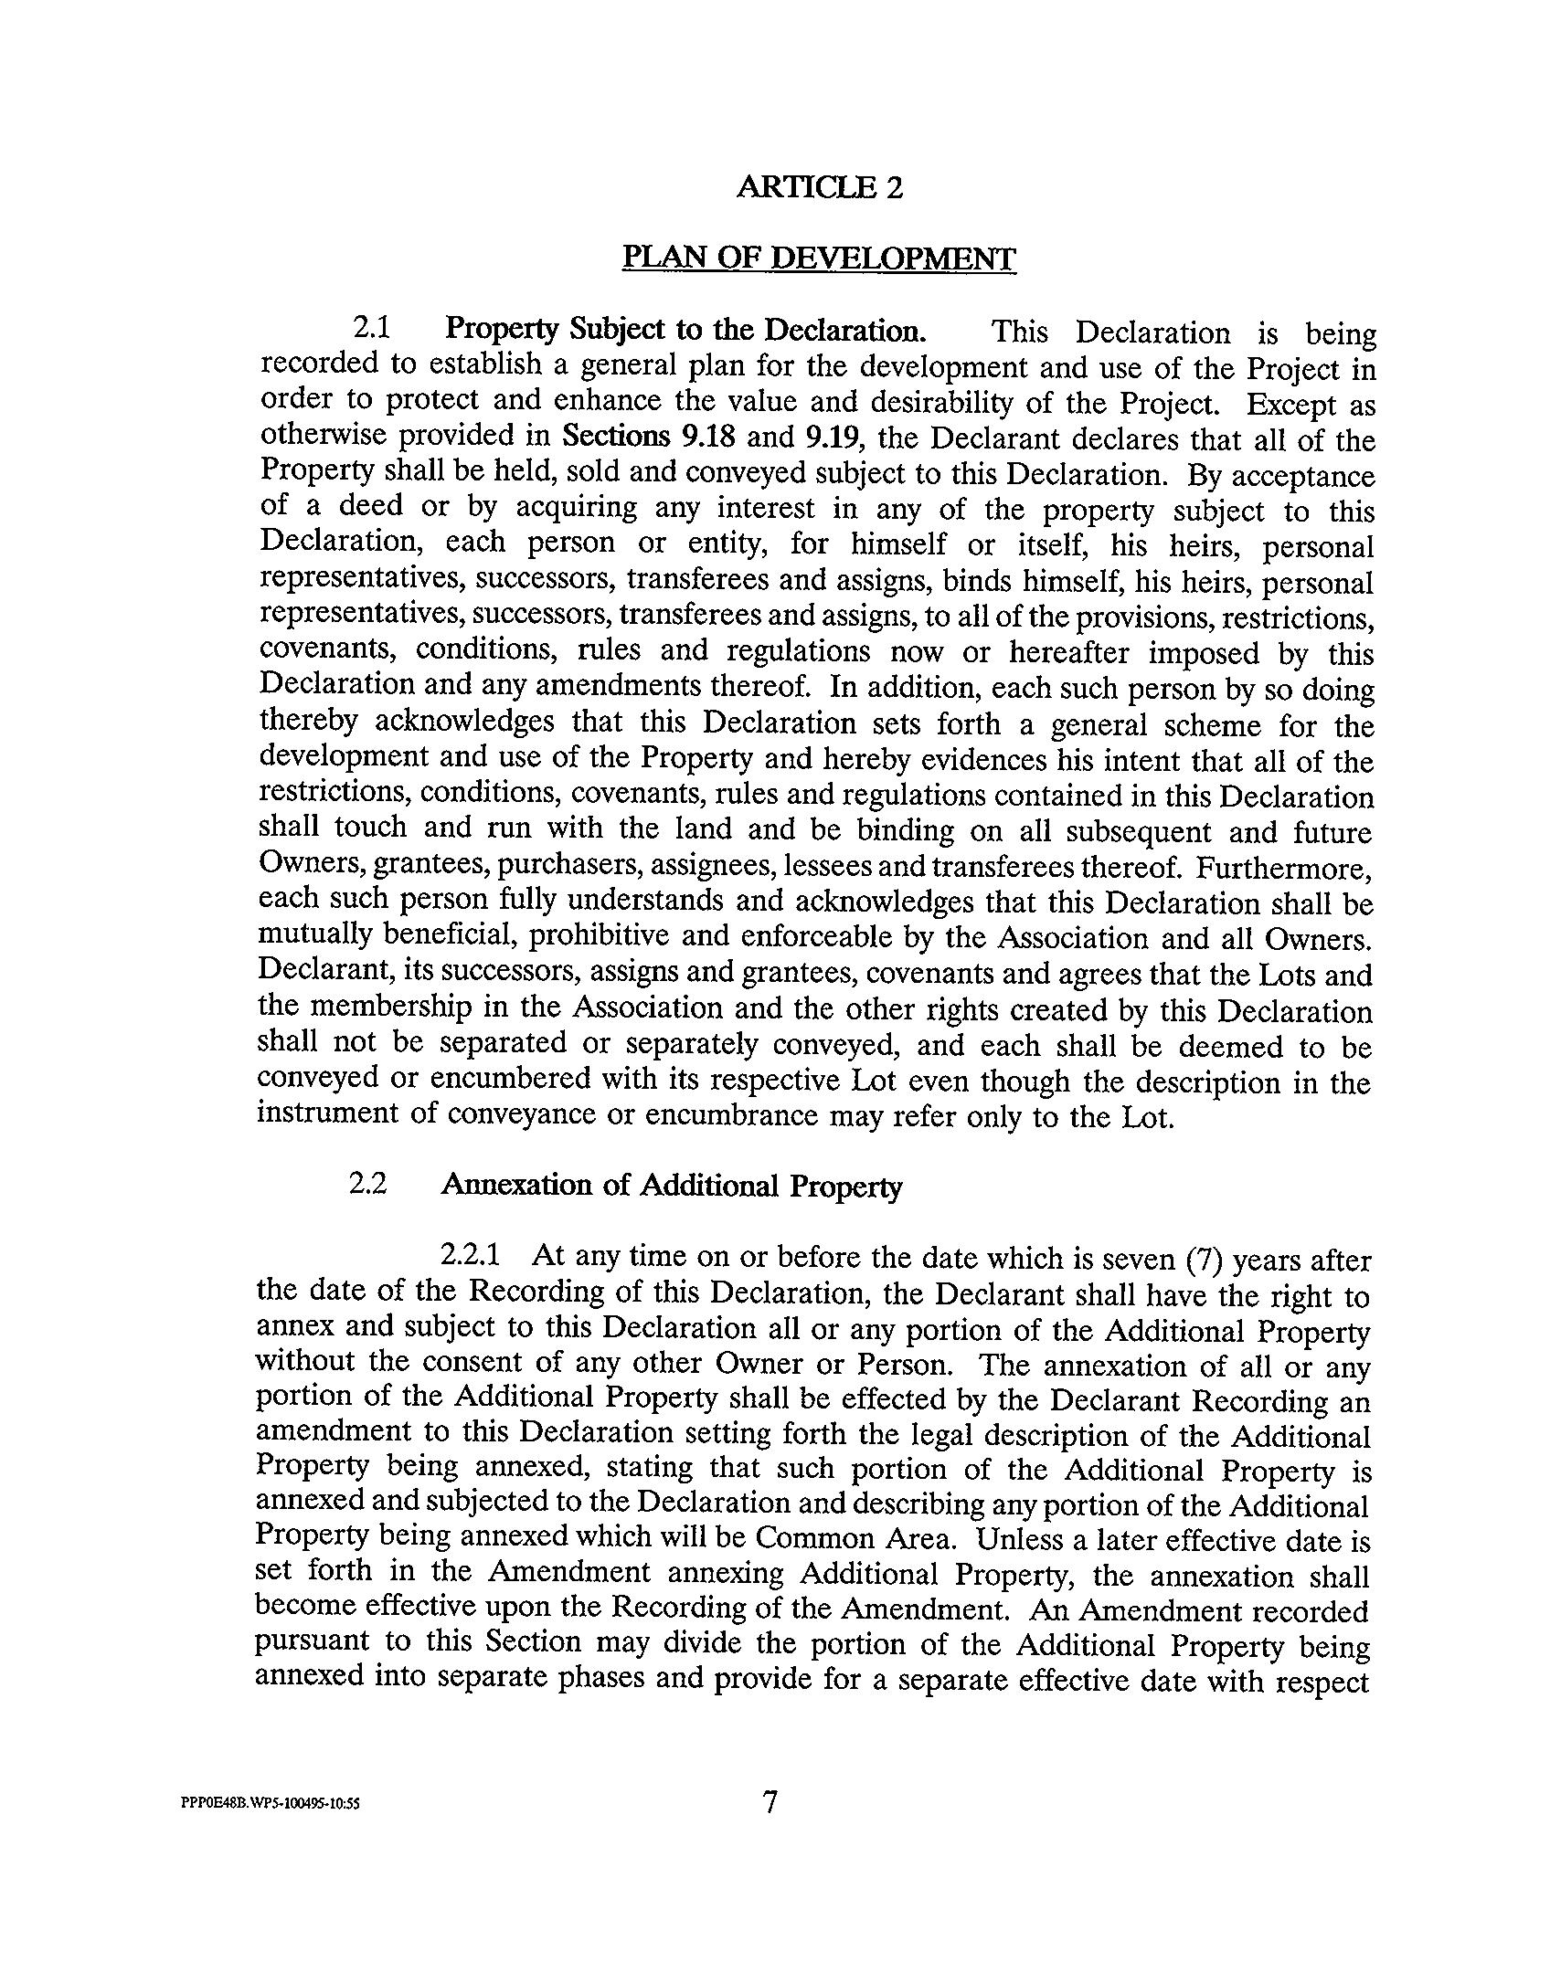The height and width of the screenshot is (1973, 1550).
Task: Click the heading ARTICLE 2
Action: coord(819,187)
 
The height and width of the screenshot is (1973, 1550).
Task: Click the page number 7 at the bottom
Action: coord(770,1800)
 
